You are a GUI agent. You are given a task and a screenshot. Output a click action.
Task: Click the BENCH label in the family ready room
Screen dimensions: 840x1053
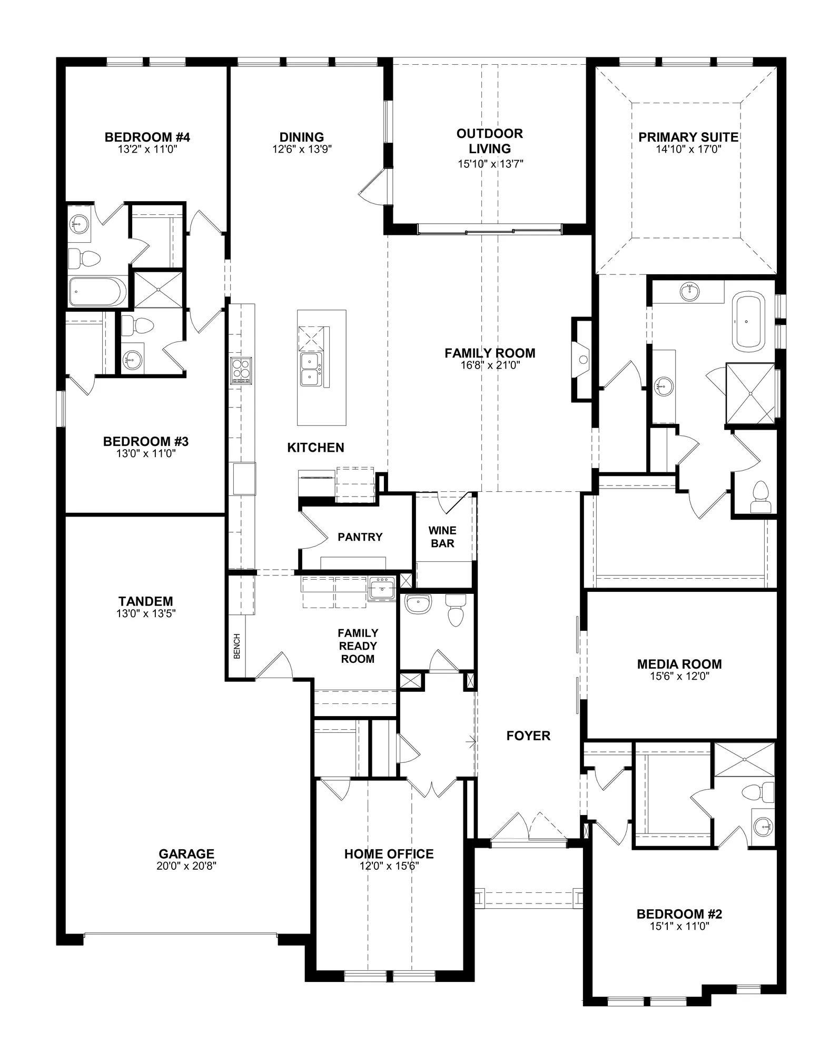click(237, 646)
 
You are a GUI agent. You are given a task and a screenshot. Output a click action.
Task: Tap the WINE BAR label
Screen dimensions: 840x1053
click(442, 537)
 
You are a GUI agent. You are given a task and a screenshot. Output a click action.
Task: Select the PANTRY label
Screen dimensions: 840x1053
click(360, 537)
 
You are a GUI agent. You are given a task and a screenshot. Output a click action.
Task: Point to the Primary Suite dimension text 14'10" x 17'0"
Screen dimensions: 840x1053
click(688, 149)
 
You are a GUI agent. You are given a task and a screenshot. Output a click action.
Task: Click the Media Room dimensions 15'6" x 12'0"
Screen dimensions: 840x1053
click(679, 676)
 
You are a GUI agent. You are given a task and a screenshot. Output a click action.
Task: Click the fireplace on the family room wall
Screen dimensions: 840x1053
click(582, 360)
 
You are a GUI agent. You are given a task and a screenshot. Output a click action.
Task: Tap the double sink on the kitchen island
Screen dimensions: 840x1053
click(311, 369)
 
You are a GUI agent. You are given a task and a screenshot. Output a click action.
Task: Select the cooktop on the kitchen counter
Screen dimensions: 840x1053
click(241, 370)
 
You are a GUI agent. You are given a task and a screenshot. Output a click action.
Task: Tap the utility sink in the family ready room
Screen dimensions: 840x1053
click(382, 588)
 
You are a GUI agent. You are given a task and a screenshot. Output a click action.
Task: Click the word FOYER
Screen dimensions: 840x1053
click(528, 736)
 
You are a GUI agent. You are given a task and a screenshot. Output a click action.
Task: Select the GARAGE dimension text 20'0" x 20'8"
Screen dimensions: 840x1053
click(186, 866)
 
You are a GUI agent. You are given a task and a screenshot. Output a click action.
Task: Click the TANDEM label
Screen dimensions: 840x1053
click(146, 601)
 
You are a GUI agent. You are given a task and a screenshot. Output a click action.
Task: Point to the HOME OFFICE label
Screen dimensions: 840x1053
click(389, 853)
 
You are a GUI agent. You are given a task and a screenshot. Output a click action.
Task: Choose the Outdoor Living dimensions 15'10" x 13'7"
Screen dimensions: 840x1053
click(490, 164)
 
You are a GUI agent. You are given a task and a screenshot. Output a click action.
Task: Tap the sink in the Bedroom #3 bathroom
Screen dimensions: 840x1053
click(133, 361)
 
